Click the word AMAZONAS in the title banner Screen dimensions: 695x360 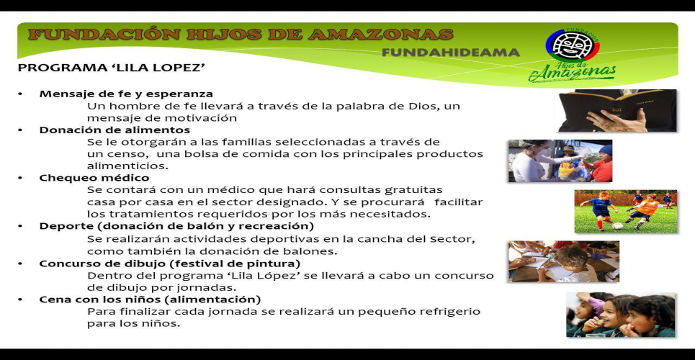tap(381, 35)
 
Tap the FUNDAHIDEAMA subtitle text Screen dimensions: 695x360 tap(450, 53)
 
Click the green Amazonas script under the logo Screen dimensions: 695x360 tap(573, 73)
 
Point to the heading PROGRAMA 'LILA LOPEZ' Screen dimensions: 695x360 tap(111, 68)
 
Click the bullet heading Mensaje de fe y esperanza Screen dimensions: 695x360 tap(126, 94)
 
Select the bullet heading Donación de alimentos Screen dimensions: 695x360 tap(115, 130)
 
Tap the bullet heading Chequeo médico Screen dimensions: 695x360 tap(94, 178)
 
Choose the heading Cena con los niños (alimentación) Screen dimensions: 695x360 tap(150, 299)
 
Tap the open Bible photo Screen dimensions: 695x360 tap(617, 110)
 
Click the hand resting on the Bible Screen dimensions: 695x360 tap(616, 120)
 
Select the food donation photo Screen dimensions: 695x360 tap(560, 161)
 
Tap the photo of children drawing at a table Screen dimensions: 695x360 tap(564, 261)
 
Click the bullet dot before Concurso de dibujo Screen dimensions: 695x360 tap(20, 264)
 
